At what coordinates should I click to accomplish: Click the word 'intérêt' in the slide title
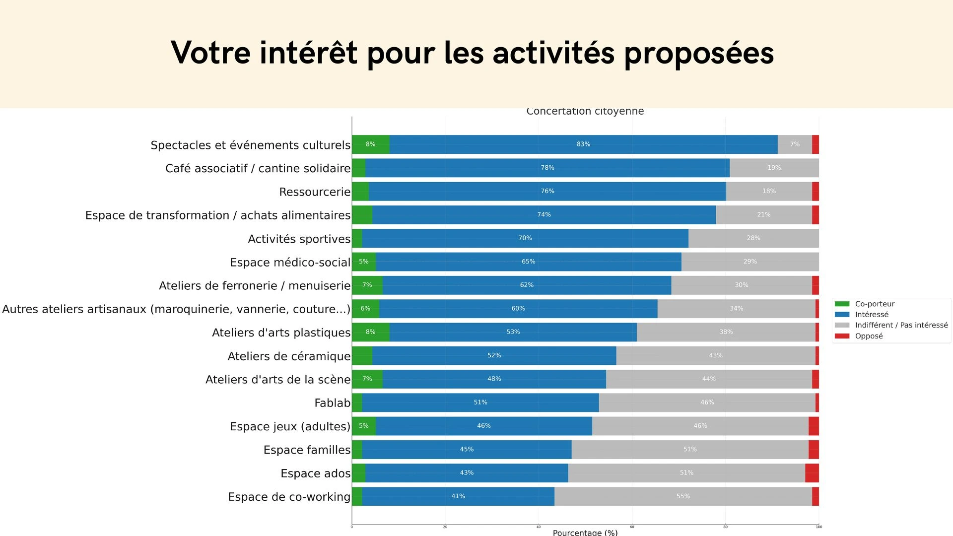308,53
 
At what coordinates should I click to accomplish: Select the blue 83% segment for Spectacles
583,144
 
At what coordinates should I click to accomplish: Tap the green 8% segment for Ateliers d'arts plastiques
370,332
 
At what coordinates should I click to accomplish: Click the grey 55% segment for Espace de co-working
683,496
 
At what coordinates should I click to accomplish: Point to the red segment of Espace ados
812,473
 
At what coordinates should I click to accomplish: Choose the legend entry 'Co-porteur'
874,304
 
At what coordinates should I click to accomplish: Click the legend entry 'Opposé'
869,336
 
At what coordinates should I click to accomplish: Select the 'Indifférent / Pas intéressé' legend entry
901,325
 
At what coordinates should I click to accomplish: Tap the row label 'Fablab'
332,403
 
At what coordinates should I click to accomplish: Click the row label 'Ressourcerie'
315,192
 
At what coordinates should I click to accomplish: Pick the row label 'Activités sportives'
299,239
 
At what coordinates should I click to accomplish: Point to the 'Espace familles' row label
307,450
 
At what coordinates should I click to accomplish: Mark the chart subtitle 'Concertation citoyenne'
585,112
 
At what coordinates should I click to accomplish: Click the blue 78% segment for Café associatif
547,168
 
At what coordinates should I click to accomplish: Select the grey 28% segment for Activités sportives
753,238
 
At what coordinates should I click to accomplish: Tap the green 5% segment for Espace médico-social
364,262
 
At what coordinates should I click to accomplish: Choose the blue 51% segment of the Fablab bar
480,402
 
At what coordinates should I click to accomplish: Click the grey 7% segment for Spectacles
795,144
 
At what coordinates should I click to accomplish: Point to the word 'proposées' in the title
698,53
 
